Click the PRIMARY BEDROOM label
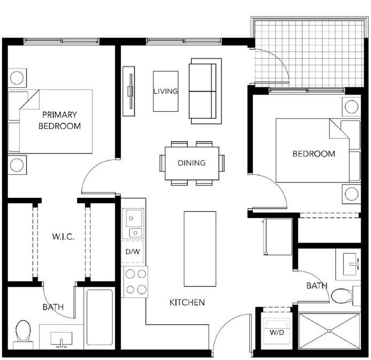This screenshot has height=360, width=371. point(59,120)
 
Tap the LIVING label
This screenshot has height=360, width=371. point(165,91)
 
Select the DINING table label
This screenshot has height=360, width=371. point(191,163)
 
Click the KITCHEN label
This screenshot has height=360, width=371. point(187,302)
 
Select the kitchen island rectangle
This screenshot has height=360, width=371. point(200,249)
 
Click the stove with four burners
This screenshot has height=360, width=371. point(135,282)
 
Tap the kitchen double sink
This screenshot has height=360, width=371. point(133,224)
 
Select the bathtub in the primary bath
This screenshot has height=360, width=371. point(99,318)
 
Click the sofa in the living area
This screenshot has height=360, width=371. point(205,91)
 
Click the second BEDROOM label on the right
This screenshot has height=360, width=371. point(314,154)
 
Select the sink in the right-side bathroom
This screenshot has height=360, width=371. point(352,263)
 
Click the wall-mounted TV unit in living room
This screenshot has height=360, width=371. point(129,90)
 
